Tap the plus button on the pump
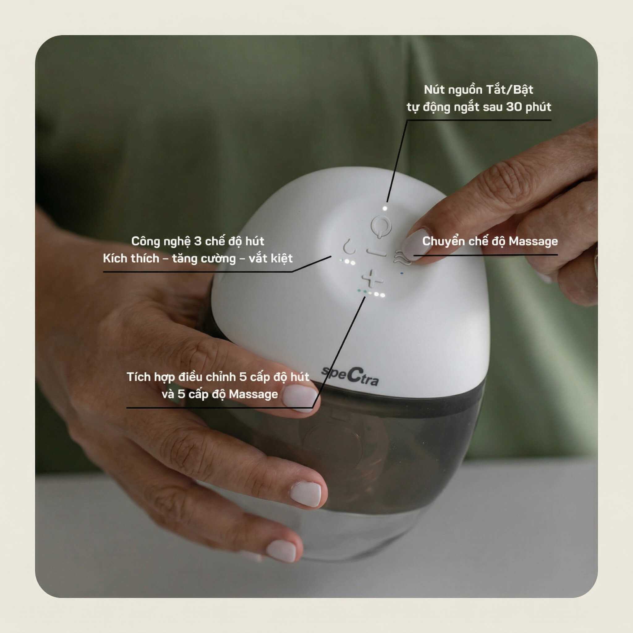(x=372, y=279)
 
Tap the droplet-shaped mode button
(x=349, y=246)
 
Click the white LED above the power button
(x=385, y=208)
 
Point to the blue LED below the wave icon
(x=402, y=273)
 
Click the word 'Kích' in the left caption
(x=115, y=258)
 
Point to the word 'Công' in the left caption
(x=145, y=241)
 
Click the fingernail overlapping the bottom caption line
(x=300, y=397)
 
